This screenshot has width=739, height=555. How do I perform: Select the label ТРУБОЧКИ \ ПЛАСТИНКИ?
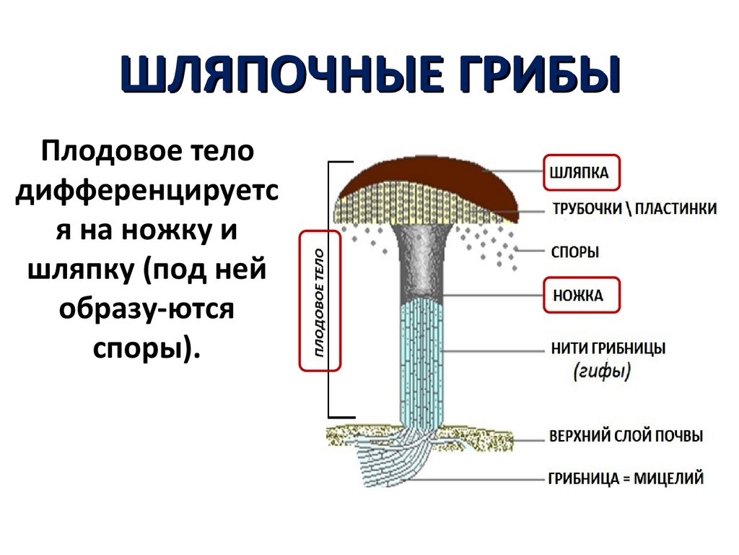tap(634, 209)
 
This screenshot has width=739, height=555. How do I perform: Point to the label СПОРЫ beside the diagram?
tap(575, 252)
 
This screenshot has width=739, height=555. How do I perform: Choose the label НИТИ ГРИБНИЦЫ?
tap(608, 348)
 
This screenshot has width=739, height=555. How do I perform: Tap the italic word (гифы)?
tap(603, 372)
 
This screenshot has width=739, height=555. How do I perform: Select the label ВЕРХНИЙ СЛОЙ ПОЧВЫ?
tap(626, 436)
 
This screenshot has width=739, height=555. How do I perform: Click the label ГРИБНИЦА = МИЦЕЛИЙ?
tap(625, 478)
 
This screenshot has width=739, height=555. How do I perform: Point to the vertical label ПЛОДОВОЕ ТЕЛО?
tap(319, 301)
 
